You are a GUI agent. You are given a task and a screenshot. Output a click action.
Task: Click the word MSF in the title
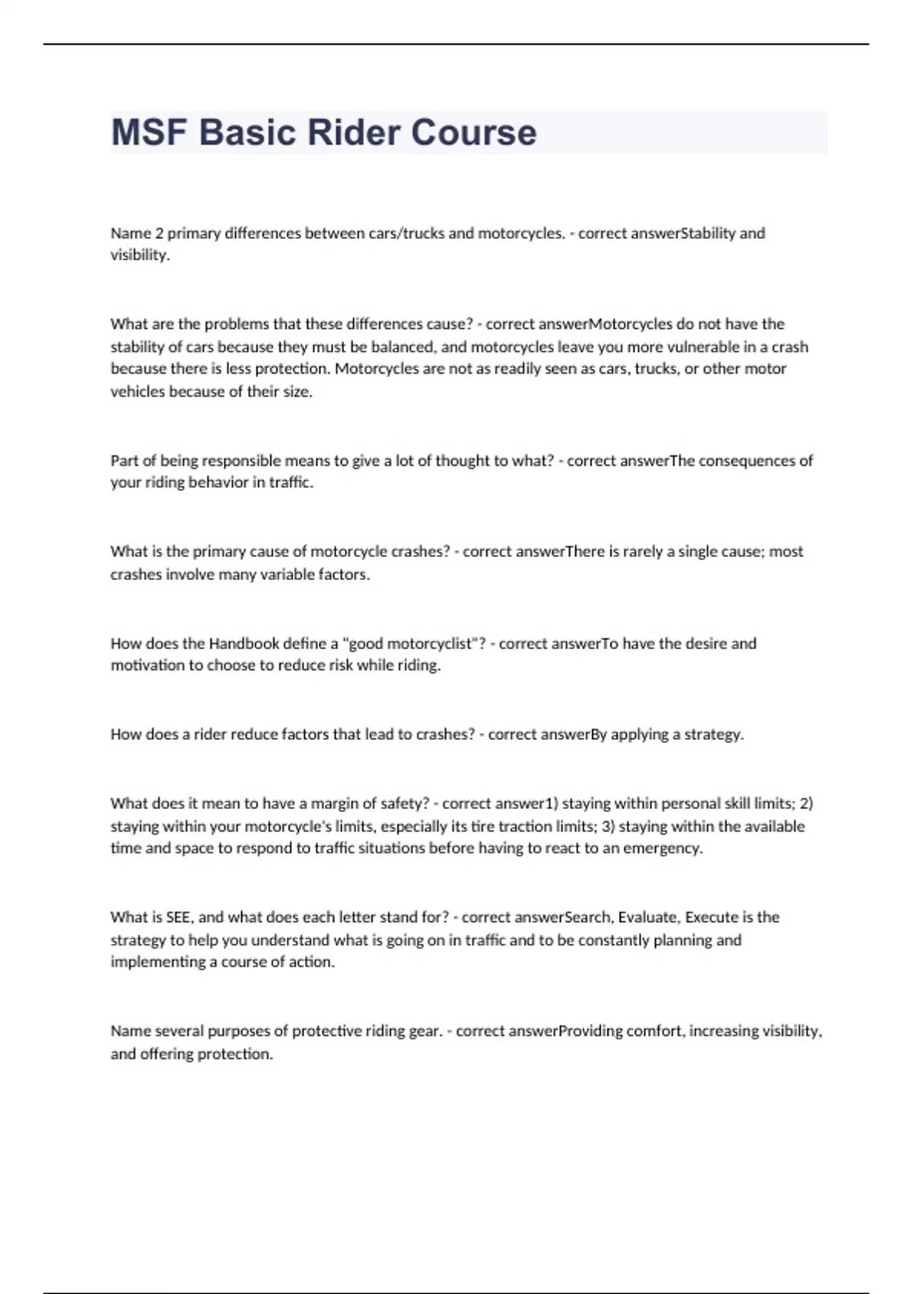pyautogui.click(x=149, y=132)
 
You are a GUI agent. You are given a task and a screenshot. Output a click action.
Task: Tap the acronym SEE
pyautogui.click(x=179, y=917)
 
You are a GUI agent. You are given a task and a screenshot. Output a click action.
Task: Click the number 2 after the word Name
pyautogui.click(x=160, y=233)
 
